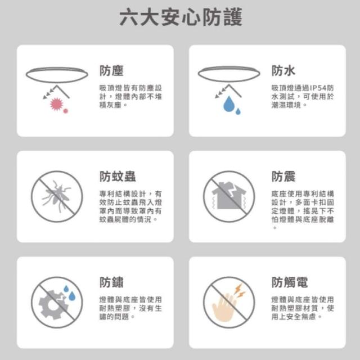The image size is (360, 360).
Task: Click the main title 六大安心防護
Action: click(x=181, y=17)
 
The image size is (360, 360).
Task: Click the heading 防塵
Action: click(x=111, y=70)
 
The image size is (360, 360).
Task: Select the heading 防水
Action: click(x=283, y=70)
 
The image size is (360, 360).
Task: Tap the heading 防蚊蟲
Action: click(x=118, y=176)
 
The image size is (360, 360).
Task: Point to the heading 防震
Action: click(x=283, y=176)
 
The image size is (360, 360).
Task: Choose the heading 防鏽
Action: click(x=111, y=282)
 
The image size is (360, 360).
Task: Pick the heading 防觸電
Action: click(x=290, y=282)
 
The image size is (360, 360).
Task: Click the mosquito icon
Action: click(x=56, y=196)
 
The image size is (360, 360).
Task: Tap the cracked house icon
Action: click(x=229, y=195)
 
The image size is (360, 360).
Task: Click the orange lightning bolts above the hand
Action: click(x=239, y=291)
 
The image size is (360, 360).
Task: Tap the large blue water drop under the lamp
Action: click(x=228, y=104)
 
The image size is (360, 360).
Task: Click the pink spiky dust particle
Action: click(x=56, y=104)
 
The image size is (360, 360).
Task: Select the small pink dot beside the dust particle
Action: click(x=65, y=111)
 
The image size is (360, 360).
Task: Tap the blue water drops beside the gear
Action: click(x=69, y=293)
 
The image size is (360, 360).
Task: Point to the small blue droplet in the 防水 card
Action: click(x=238, y=111)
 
